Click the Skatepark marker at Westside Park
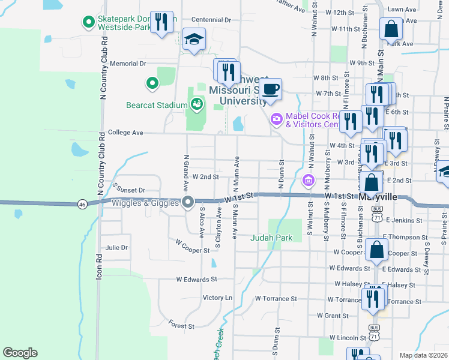pyautogui.click(x=89, y=22)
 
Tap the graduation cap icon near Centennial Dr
pyautogui.click(x=194, y=39)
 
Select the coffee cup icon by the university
pyautogui.click(x=271, y=89)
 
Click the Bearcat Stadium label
pyautogui.click(x=157, y=105)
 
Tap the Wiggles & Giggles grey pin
pyautogui.click(x=188, y=202)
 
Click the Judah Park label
pyautogui.click(x=271, y=238)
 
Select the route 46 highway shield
pyautogui.click(x=82, y=205)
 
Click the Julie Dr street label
pyautogui.click(x=116, y=247)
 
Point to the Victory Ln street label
pyautogui.click(x=217, y=298)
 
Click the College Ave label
pyautogui.click(x=125, y=132)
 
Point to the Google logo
pyautogui.click(x=20, y=353)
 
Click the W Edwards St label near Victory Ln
pyautogui.click(x=196, y=280)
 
